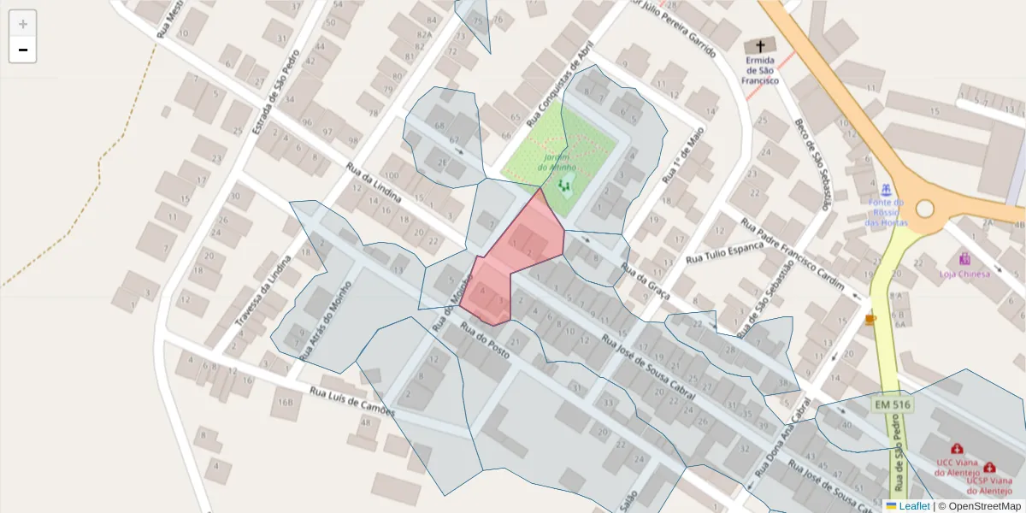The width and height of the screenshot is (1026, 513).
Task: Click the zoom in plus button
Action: [x=23, y=24]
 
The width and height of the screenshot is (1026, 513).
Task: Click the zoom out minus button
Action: [x=23, y=50]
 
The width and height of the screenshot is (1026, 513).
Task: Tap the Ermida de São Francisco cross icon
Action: [x=760, y=46]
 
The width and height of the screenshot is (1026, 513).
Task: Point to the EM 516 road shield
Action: [x=893, y=404]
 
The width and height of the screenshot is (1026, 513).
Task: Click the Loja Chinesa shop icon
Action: [x=965, y=259]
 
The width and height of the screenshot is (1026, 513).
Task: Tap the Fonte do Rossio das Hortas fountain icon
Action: [x=886, y=189]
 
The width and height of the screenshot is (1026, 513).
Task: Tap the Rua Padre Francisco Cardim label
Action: [x=793, y=254]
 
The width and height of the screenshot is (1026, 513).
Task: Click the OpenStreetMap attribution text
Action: [x=979, y=506]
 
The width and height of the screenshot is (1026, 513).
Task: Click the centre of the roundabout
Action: [x=924, y=209]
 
